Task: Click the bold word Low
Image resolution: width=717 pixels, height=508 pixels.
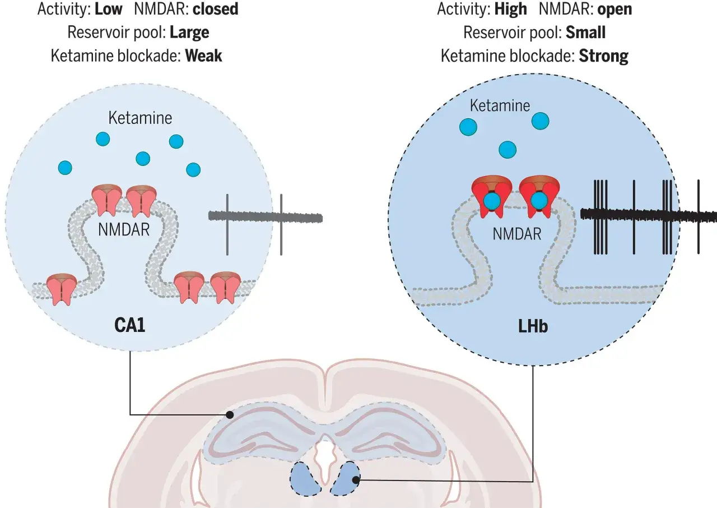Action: tap(109, 9)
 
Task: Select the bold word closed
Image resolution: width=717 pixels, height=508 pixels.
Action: tap(216, 9)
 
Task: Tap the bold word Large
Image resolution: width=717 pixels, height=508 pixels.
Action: tap(189, 33)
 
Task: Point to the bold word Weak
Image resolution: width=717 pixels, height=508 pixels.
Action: tap(203, 56)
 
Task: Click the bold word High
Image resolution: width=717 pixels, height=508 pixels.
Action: tap(510, 10)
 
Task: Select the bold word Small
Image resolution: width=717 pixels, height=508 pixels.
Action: tap(585, 33)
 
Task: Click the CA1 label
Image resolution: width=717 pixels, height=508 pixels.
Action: tap(129, 325)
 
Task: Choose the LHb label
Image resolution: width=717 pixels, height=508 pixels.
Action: tap(533, 326)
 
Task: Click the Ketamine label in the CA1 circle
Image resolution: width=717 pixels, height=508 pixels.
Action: tap(140, 118)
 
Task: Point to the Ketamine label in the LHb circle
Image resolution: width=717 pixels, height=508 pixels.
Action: tap(500, 106)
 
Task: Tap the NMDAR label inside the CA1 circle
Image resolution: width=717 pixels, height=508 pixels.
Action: tap(124, 230)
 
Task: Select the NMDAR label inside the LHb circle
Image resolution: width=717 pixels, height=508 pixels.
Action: tap(517, 234)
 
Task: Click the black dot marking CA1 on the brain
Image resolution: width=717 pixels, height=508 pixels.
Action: tap(230, 415)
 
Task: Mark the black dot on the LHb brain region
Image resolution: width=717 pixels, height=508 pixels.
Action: tap(356, 480)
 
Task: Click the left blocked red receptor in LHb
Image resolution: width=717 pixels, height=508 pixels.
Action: tap(492, 196)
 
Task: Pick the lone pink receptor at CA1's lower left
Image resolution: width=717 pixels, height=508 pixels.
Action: tap(62, 289)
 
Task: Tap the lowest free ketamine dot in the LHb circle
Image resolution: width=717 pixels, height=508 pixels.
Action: tap(508, 150)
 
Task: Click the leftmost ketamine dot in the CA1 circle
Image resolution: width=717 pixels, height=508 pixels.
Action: tap(65, 168)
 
